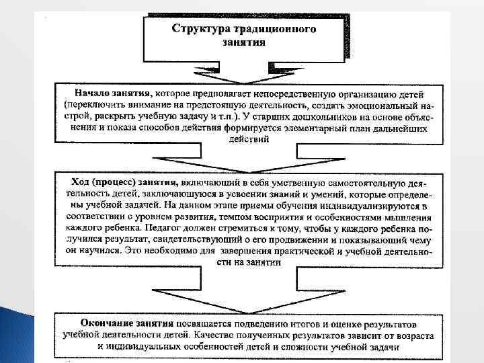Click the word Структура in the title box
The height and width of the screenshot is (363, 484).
coord(200,30)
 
